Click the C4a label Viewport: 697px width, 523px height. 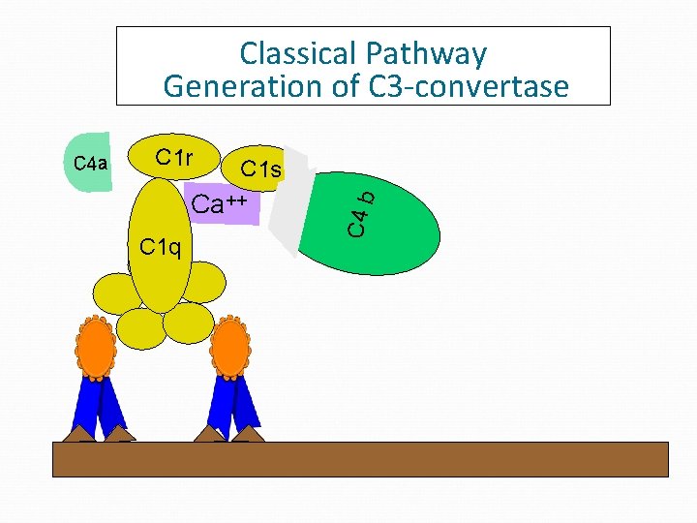pos(91,163)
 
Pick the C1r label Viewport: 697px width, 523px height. pos(174,157)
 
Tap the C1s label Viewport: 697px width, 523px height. pos(260,169)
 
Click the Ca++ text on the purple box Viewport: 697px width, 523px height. pos(220,204)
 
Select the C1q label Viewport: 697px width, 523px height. pos(160,247)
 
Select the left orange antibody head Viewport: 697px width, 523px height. pos(95,347)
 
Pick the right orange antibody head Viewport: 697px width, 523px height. pos(230,347)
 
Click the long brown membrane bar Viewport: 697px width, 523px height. pos(359,459)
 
